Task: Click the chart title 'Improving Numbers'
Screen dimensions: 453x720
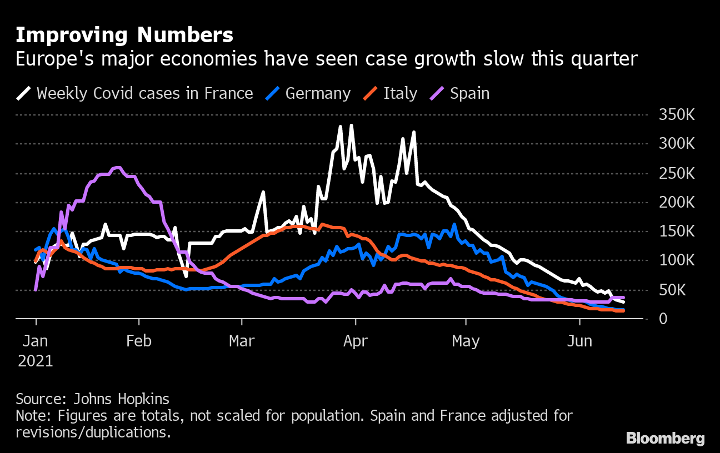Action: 124,36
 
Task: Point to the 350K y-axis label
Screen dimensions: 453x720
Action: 676,115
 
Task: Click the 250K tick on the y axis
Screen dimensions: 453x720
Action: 676,174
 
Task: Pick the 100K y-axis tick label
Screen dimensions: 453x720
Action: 676,261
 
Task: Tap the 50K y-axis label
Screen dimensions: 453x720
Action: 680,290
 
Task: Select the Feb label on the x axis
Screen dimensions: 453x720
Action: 138,341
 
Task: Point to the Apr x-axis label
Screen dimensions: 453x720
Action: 355,341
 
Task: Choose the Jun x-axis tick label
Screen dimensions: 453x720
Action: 579,341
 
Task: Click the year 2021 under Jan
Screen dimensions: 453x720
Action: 36,361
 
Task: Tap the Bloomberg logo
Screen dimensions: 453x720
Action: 665,439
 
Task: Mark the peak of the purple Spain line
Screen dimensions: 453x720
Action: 117,167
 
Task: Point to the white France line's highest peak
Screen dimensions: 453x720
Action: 351,126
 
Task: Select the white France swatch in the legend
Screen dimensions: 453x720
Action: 24,93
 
